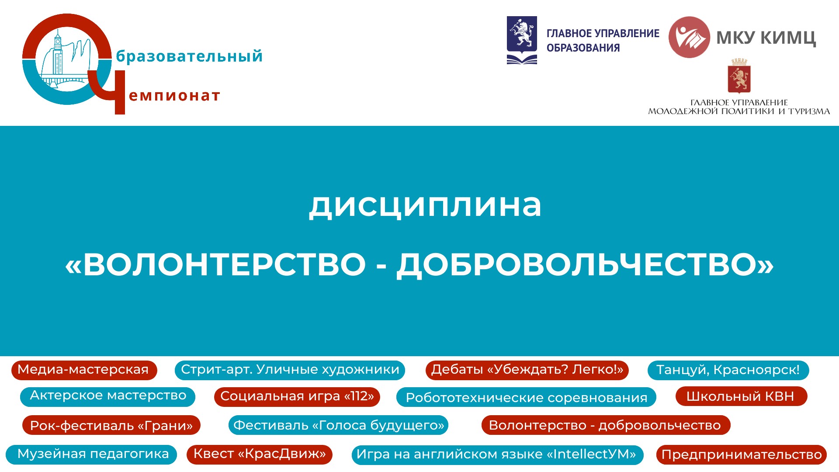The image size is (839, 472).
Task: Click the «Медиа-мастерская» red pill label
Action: (x=84, y=370)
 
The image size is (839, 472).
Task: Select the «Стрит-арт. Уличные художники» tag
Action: (x=290, y=370)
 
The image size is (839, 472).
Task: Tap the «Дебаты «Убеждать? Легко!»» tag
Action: (x=527, y=370)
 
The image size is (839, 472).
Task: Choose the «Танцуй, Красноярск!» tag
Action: (x=728, y=370)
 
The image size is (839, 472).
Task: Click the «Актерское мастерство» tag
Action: (x=107, y=396)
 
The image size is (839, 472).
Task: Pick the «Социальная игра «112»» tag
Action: (x=297, y=396)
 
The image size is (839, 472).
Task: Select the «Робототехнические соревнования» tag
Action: (x=526, y=397)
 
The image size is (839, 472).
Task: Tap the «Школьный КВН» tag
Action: (x=741, y=396)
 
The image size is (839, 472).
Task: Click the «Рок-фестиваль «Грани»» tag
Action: (x=111, y=425)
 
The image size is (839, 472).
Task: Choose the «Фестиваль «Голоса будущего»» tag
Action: (x=338, y=425)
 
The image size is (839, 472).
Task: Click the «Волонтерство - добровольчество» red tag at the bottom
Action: (x=606, y=425)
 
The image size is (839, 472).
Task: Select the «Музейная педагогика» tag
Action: (x=91, y=455)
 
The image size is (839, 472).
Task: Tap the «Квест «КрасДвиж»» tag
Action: (x=260, y=455)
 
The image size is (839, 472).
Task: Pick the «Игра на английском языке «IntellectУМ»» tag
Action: (x=497, y=455)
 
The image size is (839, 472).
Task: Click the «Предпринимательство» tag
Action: (x=742, y=455)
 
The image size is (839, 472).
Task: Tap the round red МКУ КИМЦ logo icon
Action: (x=689, y=37)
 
